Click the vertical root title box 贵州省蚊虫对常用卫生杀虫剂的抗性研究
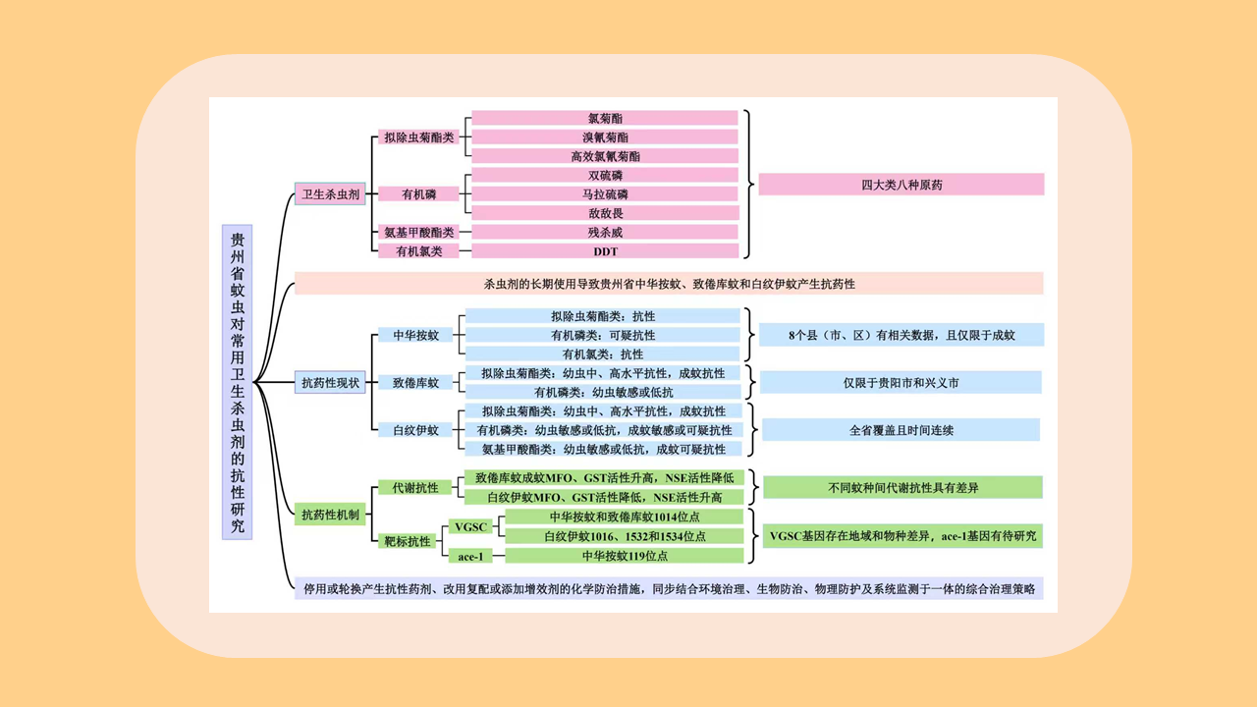point(238,382)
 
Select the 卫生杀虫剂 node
point(330,194)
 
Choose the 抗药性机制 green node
point(330,514)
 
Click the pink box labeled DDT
point(605,251)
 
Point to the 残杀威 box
point(605,233)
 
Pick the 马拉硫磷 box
point(605,194)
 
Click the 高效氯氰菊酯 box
point(605,156)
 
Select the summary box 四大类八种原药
point(901,185)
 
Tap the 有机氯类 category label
point(419,251)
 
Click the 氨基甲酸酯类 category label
point(419,233)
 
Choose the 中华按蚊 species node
point(415,335)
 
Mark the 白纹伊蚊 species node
point(415,429)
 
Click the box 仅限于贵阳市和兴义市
point(901,382)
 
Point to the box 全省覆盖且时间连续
point(901,430)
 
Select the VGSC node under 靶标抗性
point(470,527)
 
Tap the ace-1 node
point(470,557)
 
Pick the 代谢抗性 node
point(415,487)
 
